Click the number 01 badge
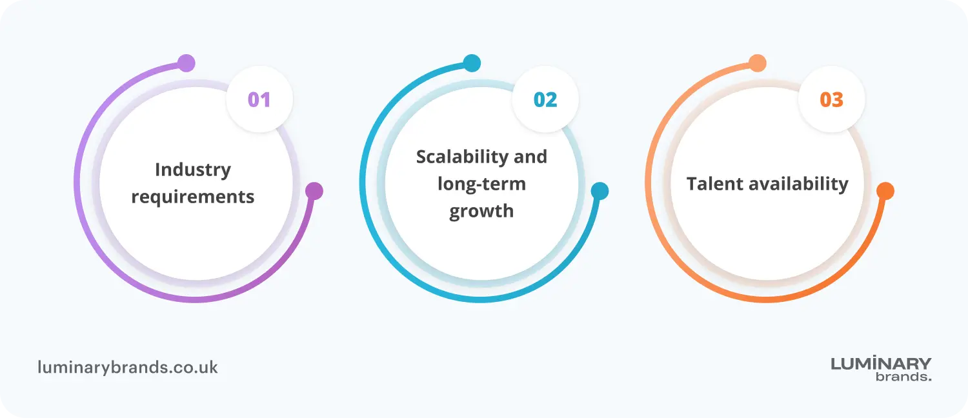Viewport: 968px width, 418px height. coord(259,100)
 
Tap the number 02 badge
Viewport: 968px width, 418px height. coord(545,100)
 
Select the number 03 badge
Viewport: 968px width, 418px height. coord(831,100)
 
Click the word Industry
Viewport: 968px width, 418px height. coord(193,170)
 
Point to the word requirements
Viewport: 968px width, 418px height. coord(193,197)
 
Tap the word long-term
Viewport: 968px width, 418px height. coord(481,184)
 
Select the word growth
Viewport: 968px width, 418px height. coord(481,212)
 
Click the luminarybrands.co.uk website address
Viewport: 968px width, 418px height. coord(128,368)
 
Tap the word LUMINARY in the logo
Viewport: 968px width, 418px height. coord(881,364)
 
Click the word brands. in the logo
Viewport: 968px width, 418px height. coord(903,377)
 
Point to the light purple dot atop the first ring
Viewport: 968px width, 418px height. coord(186,63)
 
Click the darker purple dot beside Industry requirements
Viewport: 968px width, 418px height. coord(314,191)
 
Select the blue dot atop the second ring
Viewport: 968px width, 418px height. coord(472,63)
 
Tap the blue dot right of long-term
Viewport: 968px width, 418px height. coord(600,191)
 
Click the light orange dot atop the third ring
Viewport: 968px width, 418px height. coord(758,63)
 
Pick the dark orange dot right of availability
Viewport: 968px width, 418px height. coord(885,191)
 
